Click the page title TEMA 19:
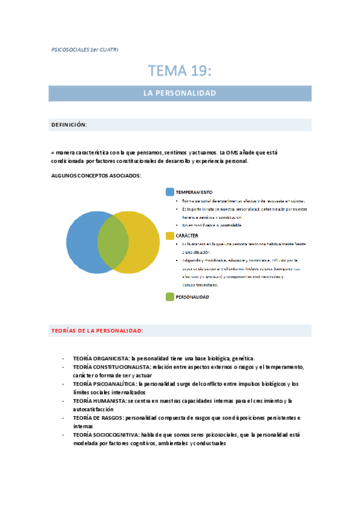pyautogui.click(x=180, y=71)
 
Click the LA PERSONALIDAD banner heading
pyautogui.click(x=180, y=93)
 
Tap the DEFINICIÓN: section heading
pyautogui.click(x=69, y=124)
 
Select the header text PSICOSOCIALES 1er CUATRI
pyautogui.click(x=85, y=49)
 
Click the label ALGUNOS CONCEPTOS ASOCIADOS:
pyautogui.click(x=97, y=175)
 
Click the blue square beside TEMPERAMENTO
pyautogui.click(x=170, y=192)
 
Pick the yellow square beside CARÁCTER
pyautogui.click(x=170, y=235)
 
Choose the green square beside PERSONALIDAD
pyautogui.click(x=170, y=296)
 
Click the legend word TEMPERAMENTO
pyautogui.click(x=194, y=192)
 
